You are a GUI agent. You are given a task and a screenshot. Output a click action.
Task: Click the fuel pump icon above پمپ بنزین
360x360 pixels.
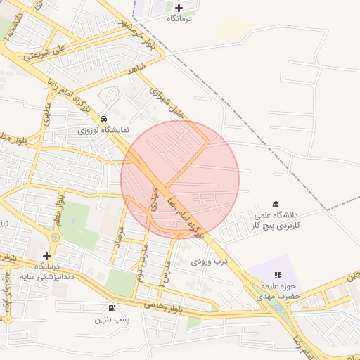pos(112,308)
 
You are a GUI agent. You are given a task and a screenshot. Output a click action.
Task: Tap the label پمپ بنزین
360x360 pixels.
pos(112,320)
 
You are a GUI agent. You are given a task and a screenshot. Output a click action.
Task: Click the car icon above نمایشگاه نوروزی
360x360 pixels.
pos(104,119)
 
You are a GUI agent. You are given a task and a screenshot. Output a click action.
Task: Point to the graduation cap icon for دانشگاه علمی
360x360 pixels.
pos(276,203)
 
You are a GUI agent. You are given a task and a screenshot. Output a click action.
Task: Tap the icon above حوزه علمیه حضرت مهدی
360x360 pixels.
pos(277,274)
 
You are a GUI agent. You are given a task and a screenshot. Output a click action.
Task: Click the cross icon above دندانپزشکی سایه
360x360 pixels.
pos(46,256)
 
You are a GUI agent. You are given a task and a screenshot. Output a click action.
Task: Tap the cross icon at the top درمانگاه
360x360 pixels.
pos(179,8)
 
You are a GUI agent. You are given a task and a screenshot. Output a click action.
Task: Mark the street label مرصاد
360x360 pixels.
pos(120,238)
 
